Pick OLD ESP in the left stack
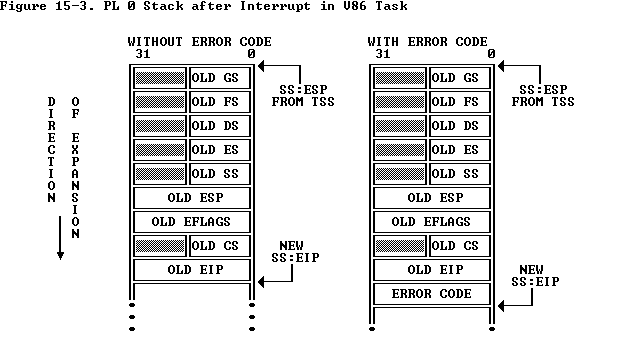pos(192,198)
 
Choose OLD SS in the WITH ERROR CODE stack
pos(457,174)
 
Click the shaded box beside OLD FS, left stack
pos(160,102)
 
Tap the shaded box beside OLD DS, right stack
pos(400,126)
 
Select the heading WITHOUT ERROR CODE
pos(199,42)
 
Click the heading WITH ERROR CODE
pos(431,42)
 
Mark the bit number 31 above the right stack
pos(383,54)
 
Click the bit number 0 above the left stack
pos(251,54)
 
